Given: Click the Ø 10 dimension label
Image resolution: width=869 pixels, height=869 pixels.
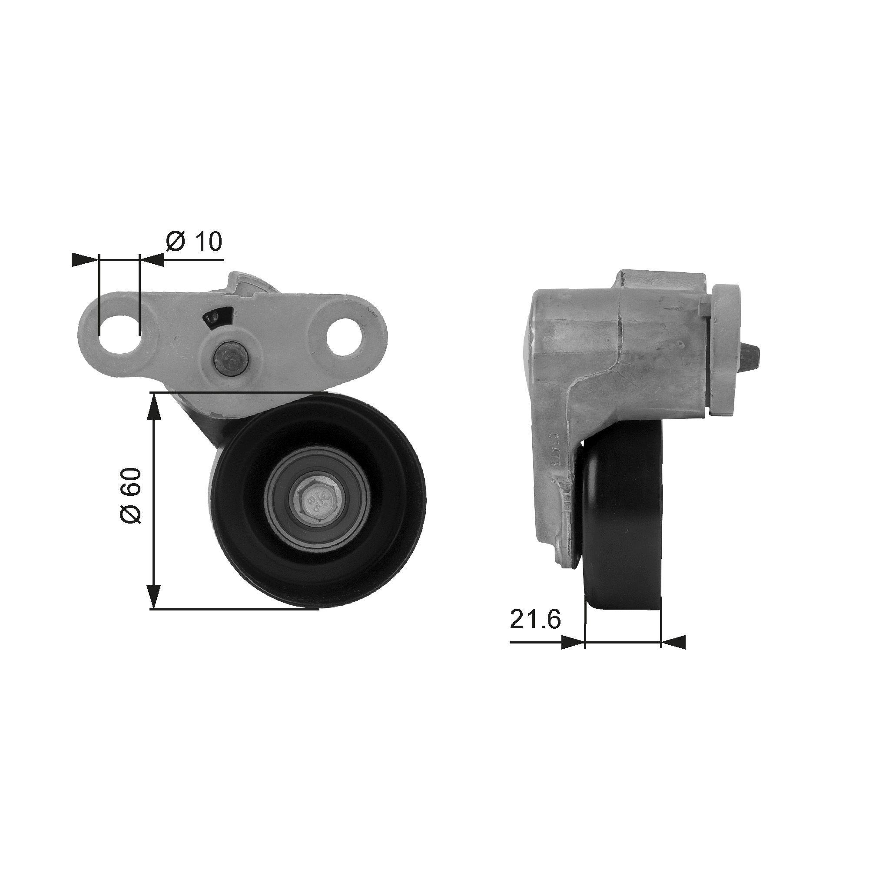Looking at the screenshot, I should coord(194,242).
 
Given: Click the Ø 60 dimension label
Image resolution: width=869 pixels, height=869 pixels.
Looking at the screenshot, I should coord(131,496).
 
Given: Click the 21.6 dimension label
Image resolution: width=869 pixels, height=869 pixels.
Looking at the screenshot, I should coord(535,620).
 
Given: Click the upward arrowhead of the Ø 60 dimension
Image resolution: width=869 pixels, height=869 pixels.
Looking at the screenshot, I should coord(154,408).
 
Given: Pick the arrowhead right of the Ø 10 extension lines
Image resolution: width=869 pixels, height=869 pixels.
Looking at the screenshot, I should coord(153,259).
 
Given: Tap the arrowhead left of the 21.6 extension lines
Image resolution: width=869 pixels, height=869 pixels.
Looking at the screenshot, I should coord(573,642).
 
